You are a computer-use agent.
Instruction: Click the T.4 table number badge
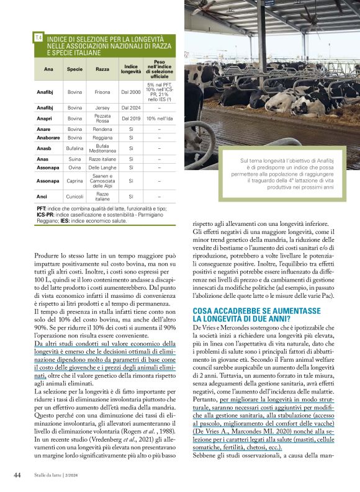tap(38, 38)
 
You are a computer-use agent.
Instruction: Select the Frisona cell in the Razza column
tap(102, 92)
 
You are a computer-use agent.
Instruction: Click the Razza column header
tap(102, 69)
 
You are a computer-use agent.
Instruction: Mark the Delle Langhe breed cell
tap(102, 167)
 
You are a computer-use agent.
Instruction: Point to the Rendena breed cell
tap(102, 129)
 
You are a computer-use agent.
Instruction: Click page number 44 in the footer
tap(18, 475)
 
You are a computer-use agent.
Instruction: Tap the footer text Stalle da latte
tap(52, 476)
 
